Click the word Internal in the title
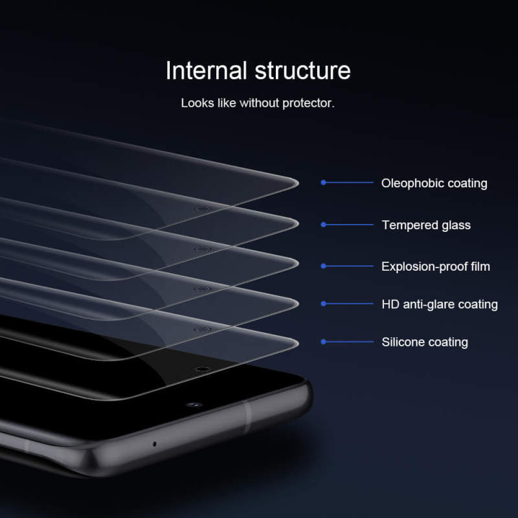point(207,71)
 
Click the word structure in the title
point(302,71)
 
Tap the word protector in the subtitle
point(309,104)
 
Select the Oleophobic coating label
point(434,183)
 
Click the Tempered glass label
point(426,225)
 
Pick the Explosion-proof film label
point(435,266)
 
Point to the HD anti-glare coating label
point(440,304)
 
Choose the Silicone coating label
point(425,342)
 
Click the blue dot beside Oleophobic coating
point(323,183)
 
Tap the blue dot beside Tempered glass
point(323,225)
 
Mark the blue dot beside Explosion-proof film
point(323,266)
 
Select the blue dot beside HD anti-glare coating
point(323,304)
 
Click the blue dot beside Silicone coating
point(323,342)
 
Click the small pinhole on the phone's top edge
point(155,444)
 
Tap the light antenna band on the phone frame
point(247,417)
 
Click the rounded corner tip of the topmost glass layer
point(297,183)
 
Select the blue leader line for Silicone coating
point(349,342)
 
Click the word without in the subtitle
point(260,103)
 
